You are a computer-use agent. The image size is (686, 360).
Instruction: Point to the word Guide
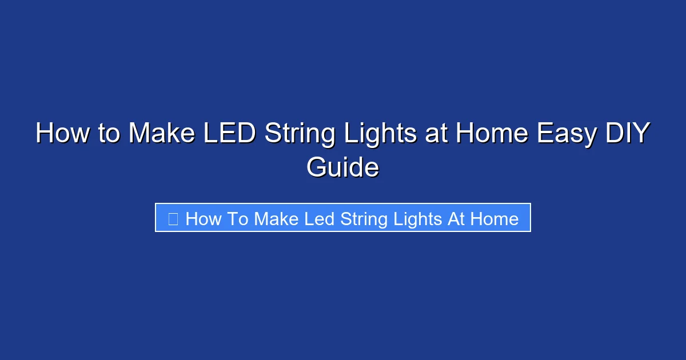[x=342, y=168]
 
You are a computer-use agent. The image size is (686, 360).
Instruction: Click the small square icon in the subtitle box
[x=173, y=218]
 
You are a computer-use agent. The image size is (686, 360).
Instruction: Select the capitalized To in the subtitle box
[x=236, y=219]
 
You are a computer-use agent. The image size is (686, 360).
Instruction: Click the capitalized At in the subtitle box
[x=456, y=219]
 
